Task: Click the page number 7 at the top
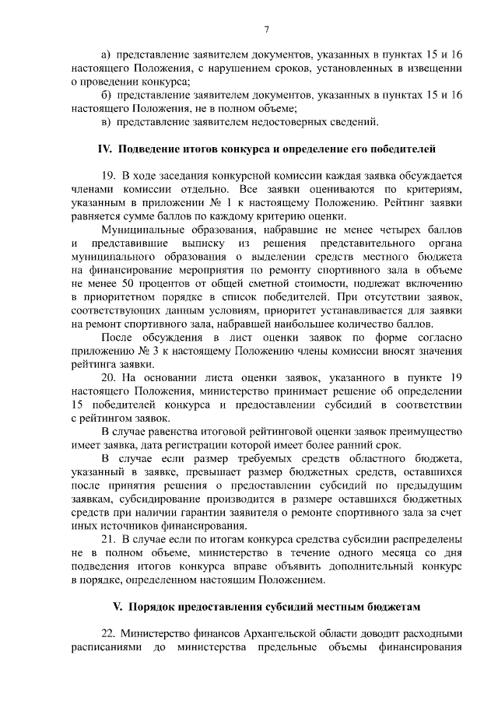[x=266, y=30]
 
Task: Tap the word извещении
[x=433, y=68]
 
